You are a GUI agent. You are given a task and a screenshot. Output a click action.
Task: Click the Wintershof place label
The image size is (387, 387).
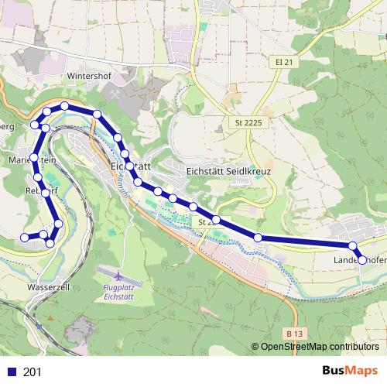90,77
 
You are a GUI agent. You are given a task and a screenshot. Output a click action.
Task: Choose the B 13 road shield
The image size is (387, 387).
293,333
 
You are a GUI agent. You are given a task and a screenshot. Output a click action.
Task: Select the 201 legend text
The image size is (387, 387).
33,372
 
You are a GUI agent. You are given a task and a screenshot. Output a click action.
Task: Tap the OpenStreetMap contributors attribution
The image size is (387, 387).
320,347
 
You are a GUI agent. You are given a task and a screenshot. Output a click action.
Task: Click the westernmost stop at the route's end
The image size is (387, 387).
25,237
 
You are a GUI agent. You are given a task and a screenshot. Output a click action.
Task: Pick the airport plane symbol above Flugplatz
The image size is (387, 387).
115,276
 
